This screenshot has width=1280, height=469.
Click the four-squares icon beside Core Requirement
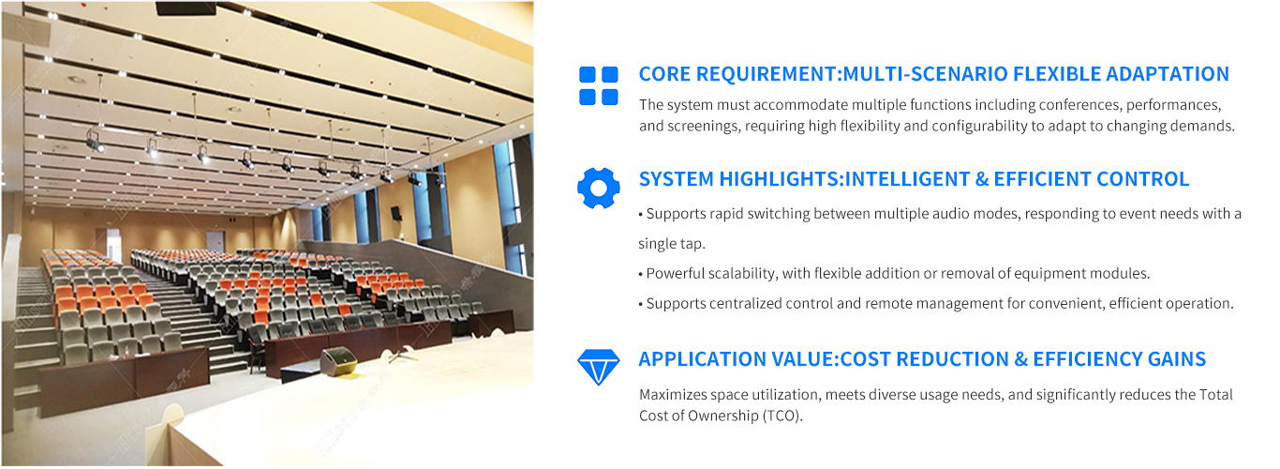click(x=598, y=85)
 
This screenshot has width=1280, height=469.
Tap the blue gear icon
click(x=598, y=189)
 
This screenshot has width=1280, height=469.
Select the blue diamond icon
click(x=598, y=367)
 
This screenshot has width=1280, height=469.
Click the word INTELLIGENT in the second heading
click(x=907, y=179)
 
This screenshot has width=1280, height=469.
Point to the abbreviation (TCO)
click(x=782, y=416)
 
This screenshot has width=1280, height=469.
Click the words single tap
click(x=672, y=244)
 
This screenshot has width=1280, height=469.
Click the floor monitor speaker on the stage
click(x=338, y=361)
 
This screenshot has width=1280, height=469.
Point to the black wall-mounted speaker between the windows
click(x=396, y=213)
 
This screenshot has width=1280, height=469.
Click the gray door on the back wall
click(x=215, y=242)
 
